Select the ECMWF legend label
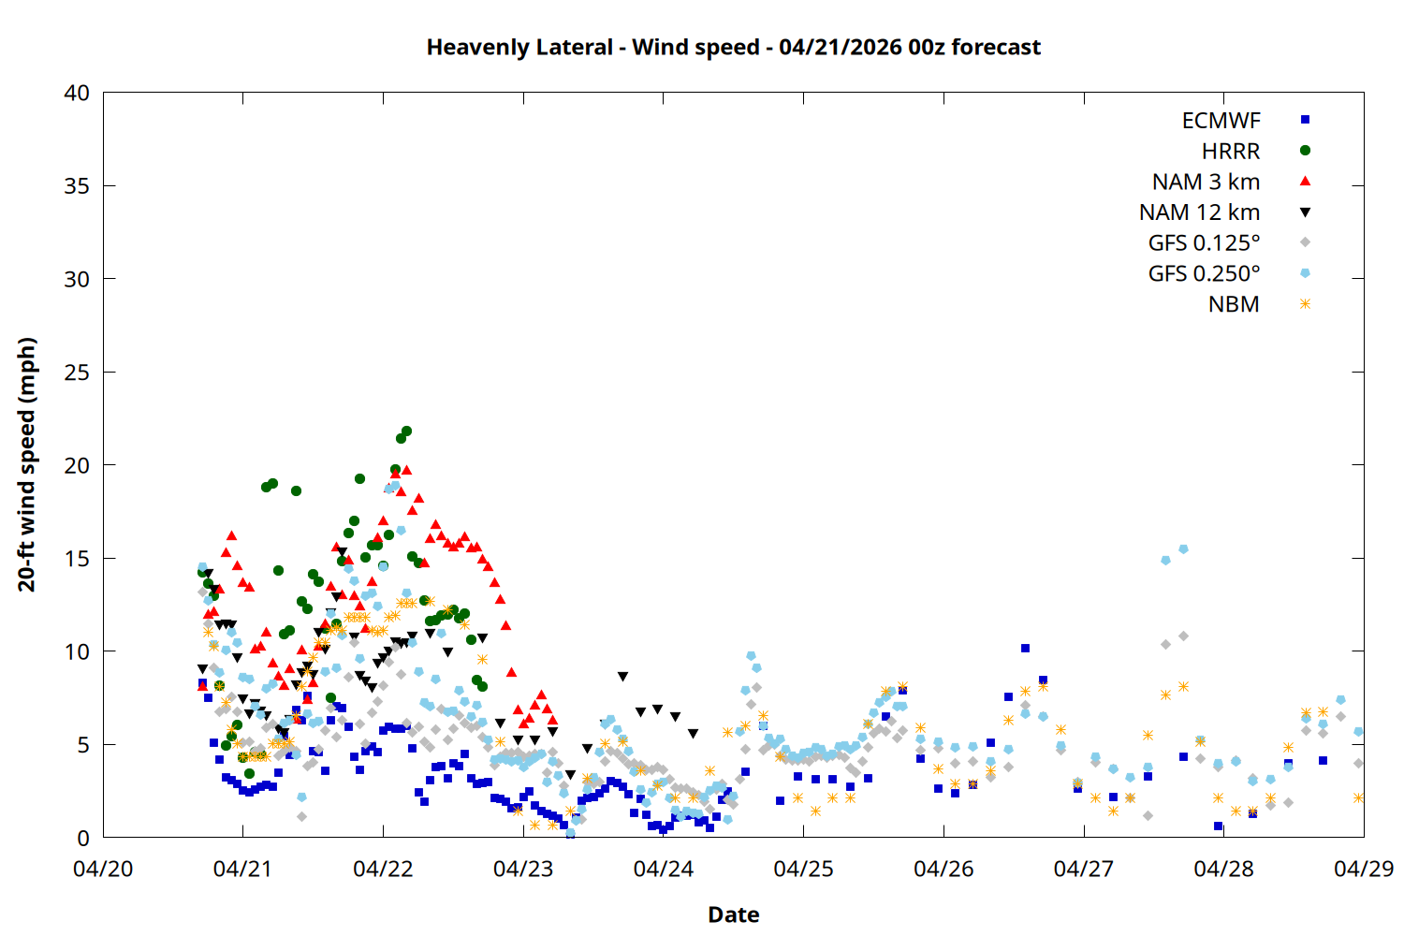(1221, 121)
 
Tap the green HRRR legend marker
(1305, 150)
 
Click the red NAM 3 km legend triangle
(1305, 181)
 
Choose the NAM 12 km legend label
(1199, 212)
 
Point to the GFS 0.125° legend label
(1204, 243)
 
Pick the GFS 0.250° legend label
(1204, 274)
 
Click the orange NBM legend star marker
(1305, 304)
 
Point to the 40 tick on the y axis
(77, 93)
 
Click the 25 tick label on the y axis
(77, 373)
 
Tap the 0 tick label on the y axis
(83, 838)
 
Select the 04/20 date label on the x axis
(103, 869)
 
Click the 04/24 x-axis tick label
(663, 869)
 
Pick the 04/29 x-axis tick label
(1363, 869)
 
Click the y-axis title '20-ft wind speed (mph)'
(27, 464)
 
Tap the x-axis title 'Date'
(733, 914)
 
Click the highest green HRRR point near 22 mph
(406, 431)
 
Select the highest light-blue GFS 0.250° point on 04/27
(1183, 549)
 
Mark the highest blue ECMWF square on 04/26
(1025, 648)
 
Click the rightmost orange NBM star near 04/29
(1358, 797)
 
